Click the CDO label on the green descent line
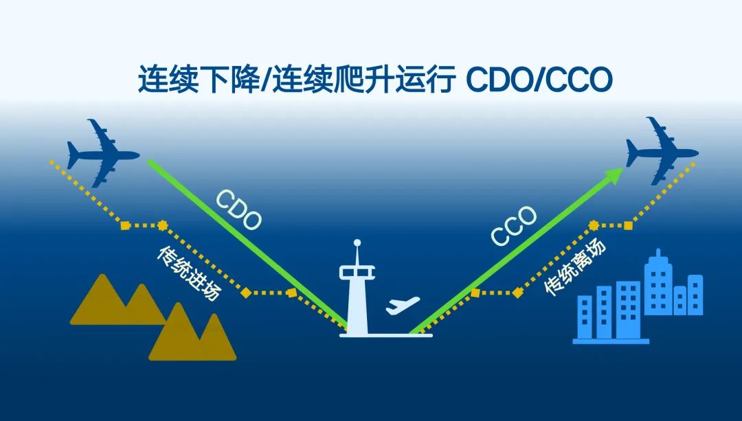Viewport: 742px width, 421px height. pyautogui.click(x=238, y=209)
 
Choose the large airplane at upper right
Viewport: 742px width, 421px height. pyautogui.click(x=662, y=150)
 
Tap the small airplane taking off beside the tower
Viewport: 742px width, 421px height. pyautogui.click(x=402, y=305)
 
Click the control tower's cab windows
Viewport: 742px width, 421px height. pyautogui.click(x=357, y=273)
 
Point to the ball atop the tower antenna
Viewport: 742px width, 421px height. pyautogui.click(x=357, y=243)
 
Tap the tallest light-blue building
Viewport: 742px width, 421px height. pyautogui.click(x=658, y=283)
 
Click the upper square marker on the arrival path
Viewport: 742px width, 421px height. pyautogui.click(x=125, y=226)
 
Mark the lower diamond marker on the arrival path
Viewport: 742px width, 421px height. pyautogui.click(x=245, y=293)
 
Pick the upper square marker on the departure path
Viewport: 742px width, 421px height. pyautogui.click(x=628, y=226)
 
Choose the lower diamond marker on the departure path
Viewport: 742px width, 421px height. pyautogui.click(x=518, y=293)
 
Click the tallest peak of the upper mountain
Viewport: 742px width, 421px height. pyautogui.click(x=103, y=275)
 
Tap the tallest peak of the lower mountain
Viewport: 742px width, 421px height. pyautogui.click(x=179, y=304)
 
